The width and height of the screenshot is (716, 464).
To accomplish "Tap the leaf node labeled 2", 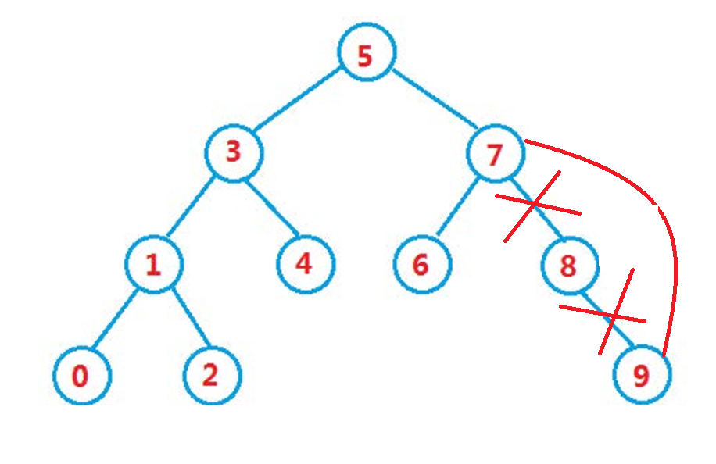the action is [x=212, y=375].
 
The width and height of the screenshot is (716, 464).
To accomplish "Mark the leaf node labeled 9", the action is [x=642, y=376].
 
